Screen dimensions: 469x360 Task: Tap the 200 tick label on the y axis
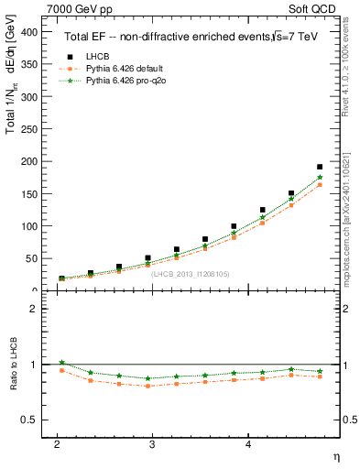click(x=29, y=161)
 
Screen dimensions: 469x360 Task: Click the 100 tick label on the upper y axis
click(x=29, y=226)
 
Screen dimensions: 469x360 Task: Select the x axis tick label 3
click(x=153, y=444)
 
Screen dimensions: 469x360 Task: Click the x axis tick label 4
click(x=248, y=444)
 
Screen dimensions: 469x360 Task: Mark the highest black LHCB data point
click(x=320, y=168)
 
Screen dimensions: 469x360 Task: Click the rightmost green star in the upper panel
click(x=320, y=178)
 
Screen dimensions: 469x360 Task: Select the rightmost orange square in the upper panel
click(x=320, y=185)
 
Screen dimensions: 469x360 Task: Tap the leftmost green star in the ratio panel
click(x=61, y=362)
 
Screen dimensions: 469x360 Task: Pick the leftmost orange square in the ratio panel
click(x=61, y=370)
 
